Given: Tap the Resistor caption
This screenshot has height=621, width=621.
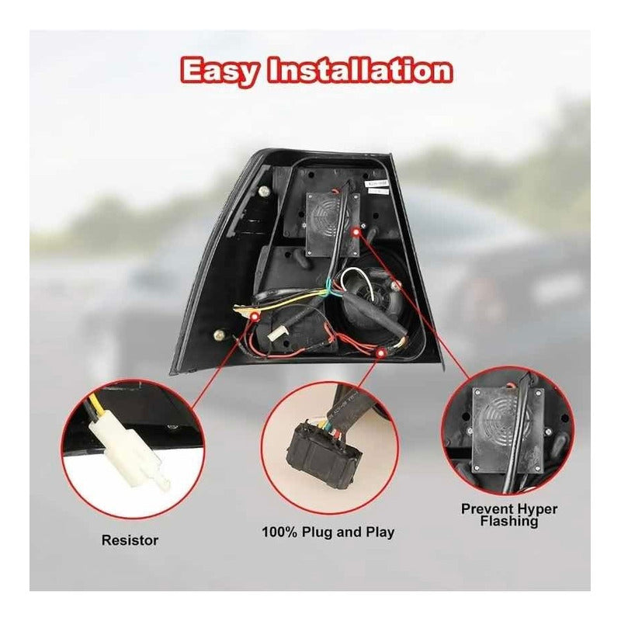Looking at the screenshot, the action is click(130, 540).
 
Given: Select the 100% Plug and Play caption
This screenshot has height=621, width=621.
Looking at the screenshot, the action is click(328, 532).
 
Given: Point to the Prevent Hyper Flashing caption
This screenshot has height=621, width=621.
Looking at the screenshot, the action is click(509, 515).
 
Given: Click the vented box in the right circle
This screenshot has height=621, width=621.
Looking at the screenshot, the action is click(508, 430).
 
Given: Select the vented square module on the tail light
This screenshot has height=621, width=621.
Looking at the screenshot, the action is click(334, 224).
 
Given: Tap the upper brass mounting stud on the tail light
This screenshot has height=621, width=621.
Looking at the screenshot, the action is click(264, 193).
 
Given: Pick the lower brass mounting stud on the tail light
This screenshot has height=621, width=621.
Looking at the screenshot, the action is click(219, 335).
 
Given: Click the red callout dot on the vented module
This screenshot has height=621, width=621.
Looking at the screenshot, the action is click(356, 231).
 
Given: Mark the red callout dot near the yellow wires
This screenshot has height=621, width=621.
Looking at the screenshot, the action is click(255, 316).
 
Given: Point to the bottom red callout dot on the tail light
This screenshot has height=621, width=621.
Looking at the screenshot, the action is click(380, 352).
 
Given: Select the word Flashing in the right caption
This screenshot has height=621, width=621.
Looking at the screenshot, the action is click(509, 521).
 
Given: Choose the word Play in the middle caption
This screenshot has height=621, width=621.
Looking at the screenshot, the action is click(380, 533).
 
